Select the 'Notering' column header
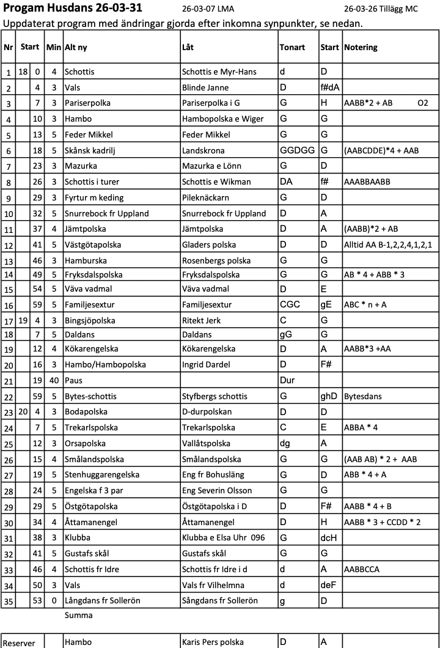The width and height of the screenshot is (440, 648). (x=361, y=47)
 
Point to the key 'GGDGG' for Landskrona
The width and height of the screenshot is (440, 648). (x=295, y=150)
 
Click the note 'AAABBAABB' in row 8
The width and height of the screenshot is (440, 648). (x=367, y=182)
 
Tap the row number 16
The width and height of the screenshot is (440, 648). (x=9, y=306)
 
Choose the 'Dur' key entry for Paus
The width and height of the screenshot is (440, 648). (x=287, y=380)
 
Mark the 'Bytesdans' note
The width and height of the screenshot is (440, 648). (x=363, y=396)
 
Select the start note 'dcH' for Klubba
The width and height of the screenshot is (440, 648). (x=328, y=538)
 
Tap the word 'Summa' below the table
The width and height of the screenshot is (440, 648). (x=78, y=616)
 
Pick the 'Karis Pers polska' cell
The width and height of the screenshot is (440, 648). (x=213, y=642)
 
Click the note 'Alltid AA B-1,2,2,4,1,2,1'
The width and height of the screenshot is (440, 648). (x=388, y=245)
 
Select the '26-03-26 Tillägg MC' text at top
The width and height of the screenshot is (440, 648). (x=381, y=9)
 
